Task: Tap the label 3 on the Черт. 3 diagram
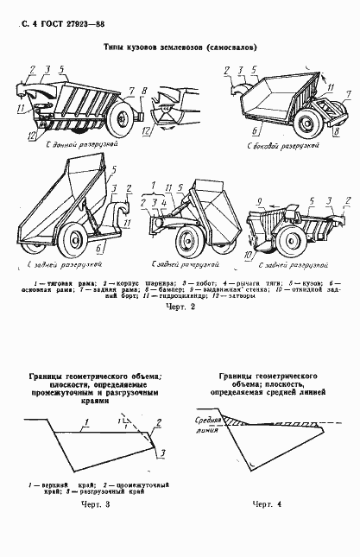click(162, 451)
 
